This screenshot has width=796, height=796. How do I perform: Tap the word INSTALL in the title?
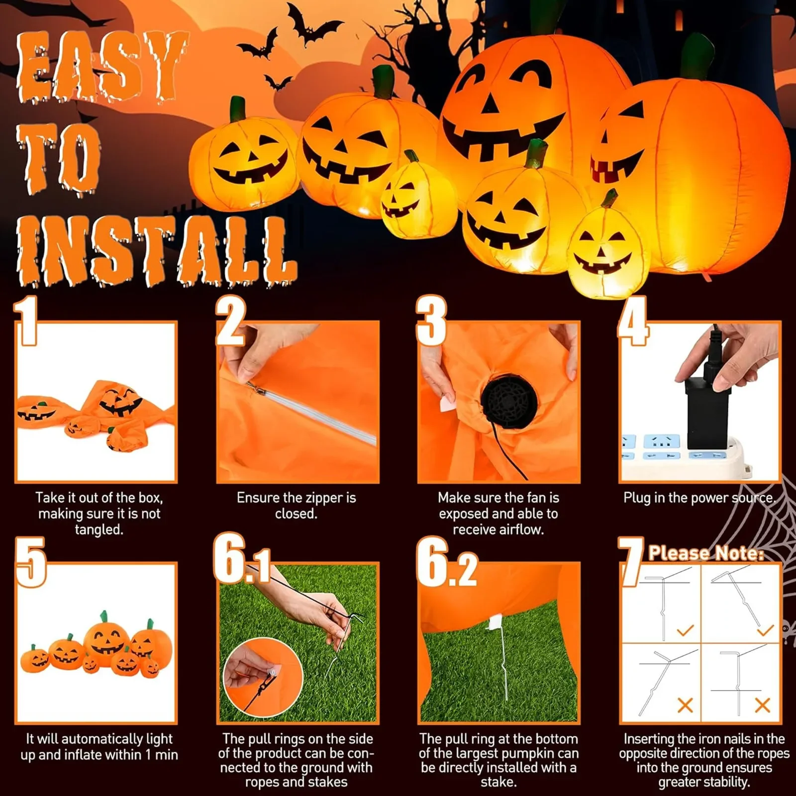point(157,251)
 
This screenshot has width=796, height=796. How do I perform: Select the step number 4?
point(633,320)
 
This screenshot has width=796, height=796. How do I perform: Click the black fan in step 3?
point(508,401)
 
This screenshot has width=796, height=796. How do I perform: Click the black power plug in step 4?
point(707,413)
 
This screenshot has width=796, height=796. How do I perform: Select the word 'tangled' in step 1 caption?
point(99,529)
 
